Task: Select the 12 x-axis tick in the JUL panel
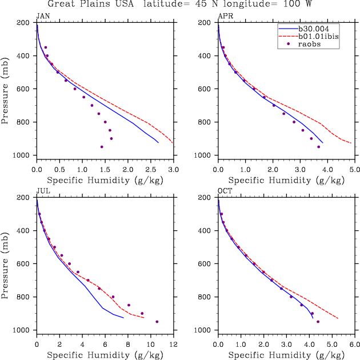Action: (174, 345)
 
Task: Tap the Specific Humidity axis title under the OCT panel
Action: (286, 355)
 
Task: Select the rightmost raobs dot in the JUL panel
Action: (157, 322)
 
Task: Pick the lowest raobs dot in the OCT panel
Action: (318, 322)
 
